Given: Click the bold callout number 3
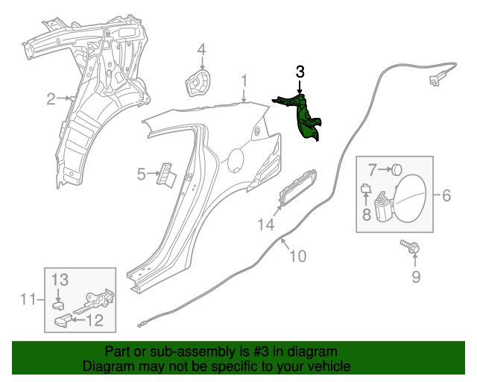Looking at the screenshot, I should [300, 72].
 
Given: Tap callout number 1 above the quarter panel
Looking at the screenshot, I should [243, 81].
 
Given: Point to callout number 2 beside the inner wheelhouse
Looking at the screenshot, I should [51, 98].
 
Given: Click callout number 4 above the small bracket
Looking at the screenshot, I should [200, 50].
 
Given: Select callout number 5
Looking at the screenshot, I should [141, 175].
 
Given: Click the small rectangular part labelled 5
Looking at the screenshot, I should [165, 175].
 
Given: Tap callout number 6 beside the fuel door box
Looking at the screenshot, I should [446, 195].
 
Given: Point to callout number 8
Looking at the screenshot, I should [366, 215].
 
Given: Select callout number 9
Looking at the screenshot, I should [416, 278].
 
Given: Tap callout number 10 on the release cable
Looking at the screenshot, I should [297, 256].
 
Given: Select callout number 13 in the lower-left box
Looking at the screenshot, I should [60, 279].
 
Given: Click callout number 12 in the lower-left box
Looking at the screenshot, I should [94, 322].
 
